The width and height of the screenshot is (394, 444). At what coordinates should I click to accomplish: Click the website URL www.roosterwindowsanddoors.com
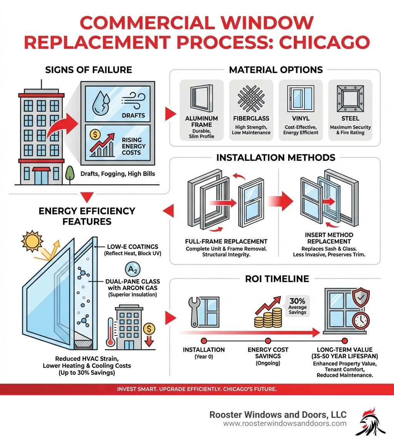(285, 424)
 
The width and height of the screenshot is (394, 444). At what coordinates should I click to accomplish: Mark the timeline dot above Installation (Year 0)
(204, 341)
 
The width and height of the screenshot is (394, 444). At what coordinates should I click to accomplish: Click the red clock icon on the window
(361, 319)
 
